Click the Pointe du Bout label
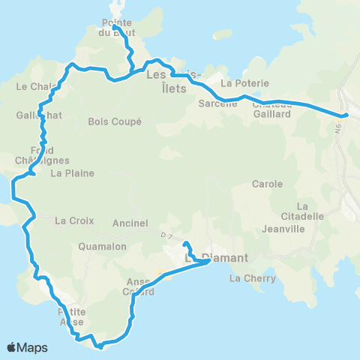coord(113,27)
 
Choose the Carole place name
coord(267,184)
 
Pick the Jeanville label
coord(282,229)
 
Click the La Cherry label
coord(252,278)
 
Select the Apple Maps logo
coord(27,347)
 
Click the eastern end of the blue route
coord(346,115)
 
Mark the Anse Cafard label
coord(141,287)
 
